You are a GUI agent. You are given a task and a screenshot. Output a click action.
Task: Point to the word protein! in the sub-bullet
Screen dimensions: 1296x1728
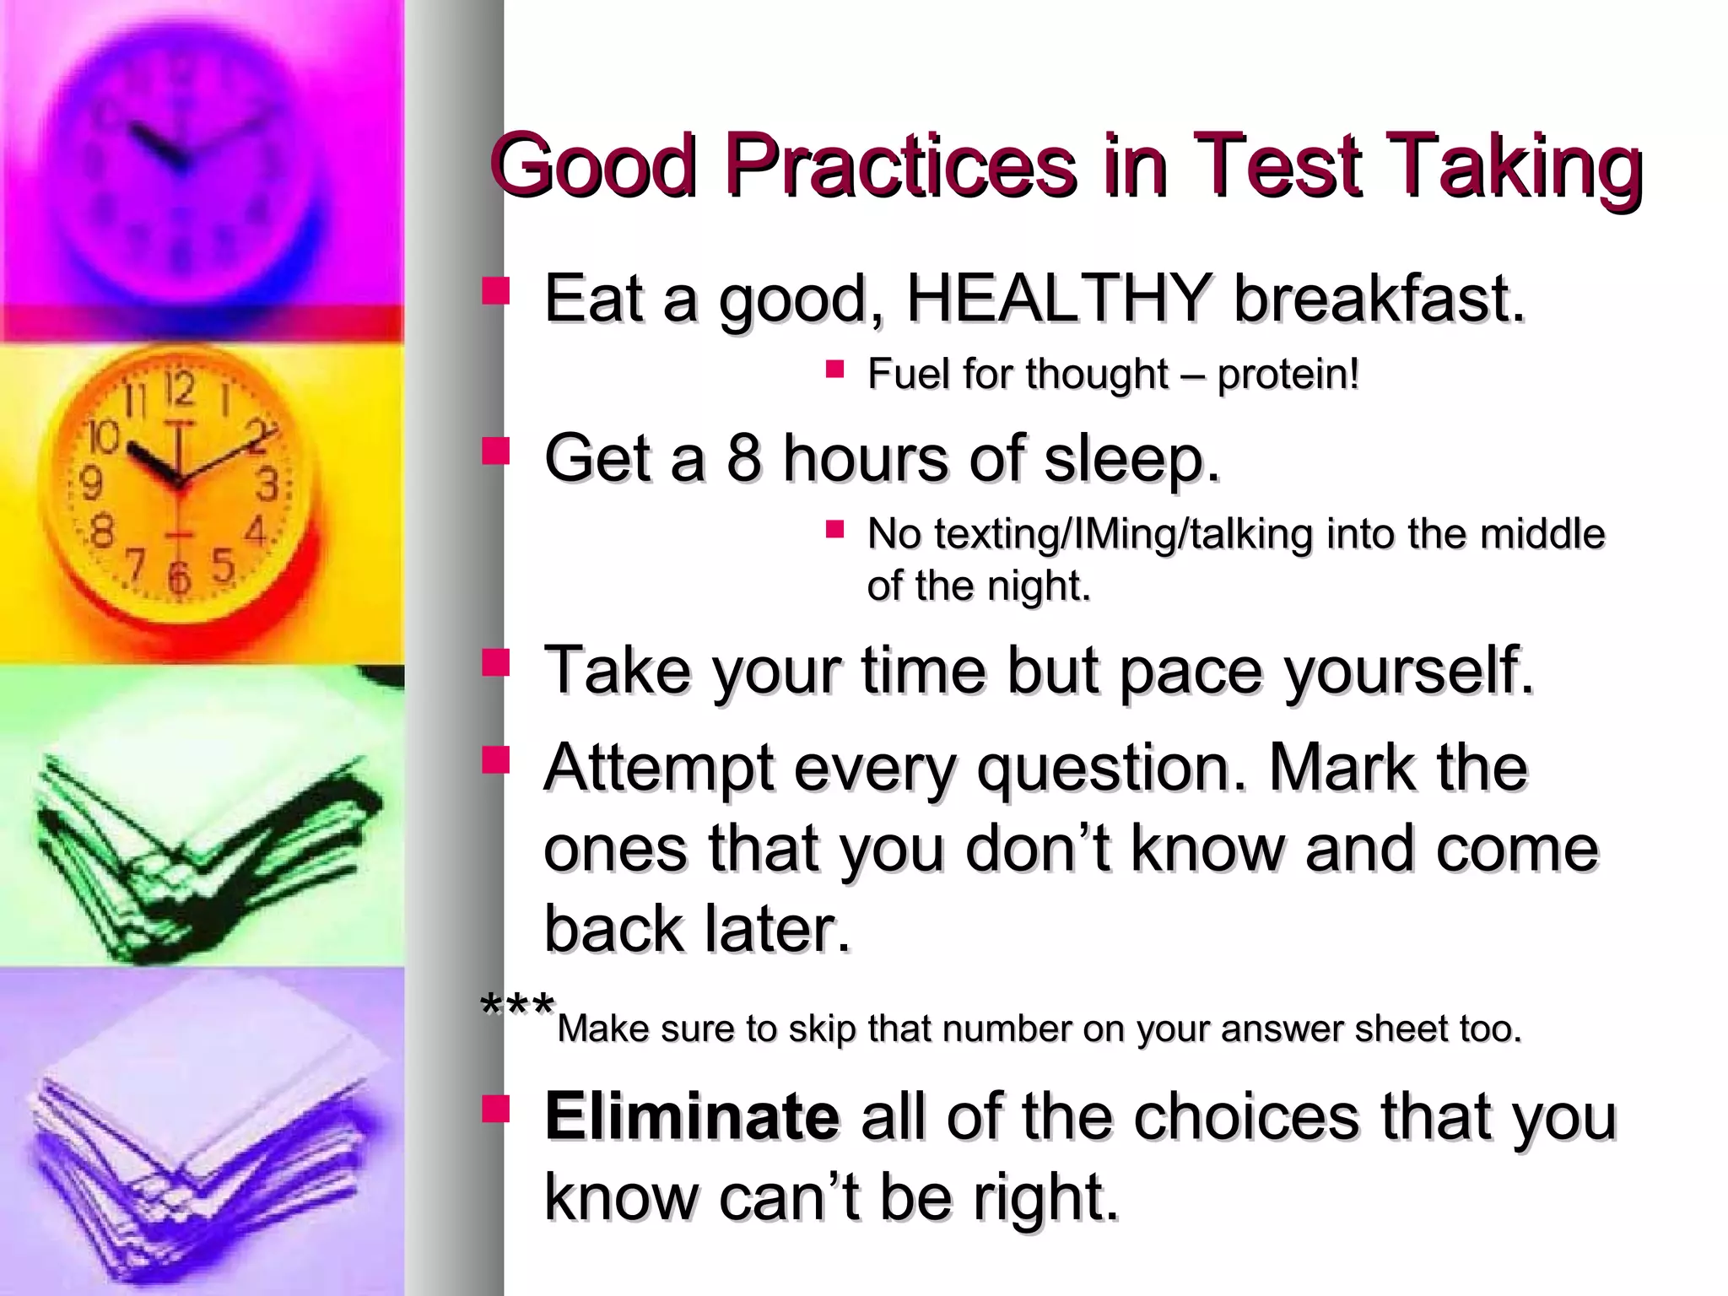point(1288,375)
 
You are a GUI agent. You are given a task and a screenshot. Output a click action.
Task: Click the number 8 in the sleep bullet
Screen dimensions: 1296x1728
point(743,458)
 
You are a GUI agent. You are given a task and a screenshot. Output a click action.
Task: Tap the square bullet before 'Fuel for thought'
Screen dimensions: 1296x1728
point(835,369)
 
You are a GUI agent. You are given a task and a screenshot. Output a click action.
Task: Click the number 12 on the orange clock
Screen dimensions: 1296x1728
point(180,389)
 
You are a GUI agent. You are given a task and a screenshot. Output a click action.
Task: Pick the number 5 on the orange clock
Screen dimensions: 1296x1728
point(223,564)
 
